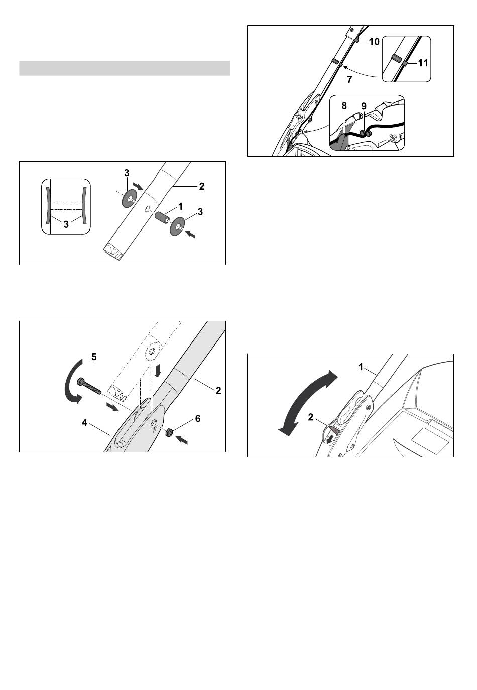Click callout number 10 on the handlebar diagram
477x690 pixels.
click(x=374, y=42)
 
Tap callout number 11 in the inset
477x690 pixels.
click(x=423, y=63)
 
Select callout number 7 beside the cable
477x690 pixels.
click(x=349, y=80)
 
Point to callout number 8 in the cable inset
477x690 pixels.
click(x=344, y=106)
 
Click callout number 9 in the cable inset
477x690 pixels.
click(x=364, y=106)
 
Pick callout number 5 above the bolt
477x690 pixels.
click(x=94, y=357)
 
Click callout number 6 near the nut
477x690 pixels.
click(x=198, y=419)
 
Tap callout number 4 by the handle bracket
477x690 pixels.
click(x=84, y=423)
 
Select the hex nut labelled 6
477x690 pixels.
click(x=168, y=433)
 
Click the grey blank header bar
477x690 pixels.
click(x=125, y=68)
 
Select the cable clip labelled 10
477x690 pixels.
click(x=355, y=41)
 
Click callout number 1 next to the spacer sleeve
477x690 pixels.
click(x=180, y=206)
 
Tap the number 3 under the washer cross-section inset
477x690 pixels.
click(x=66, y=224)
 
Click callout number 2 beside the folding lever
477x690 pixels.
click(x=310, y=417)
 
